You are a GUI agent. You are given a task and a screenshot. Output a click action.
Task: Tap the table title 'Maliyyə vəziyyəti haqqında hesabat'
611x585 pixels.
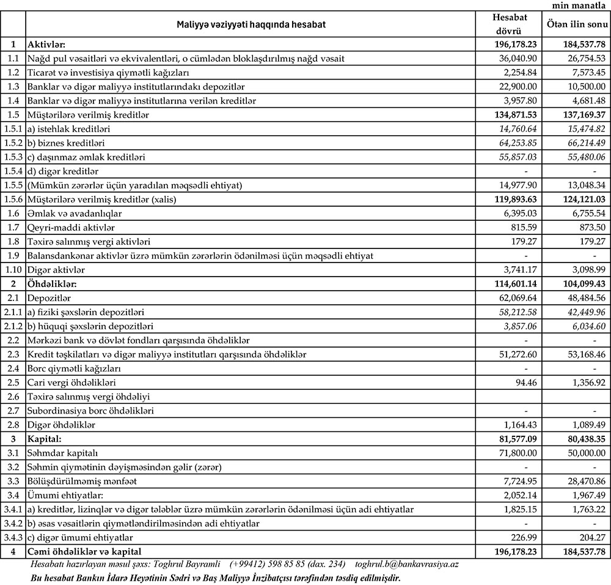tap(251, 24)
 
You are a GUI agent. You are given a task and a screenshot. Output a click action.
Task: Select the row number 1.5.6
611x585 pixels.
tap(13, 199)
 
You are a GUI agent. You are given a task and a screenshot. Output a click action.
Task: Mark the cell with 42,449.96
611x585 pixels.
tap(583, 311)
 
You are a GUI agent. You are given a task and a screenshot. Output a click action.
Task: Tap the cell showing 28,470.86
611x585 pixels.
tap(583, 480)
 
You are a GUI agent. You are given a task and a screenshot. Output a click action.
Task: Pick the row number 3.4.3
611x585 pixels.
tap(13, 537)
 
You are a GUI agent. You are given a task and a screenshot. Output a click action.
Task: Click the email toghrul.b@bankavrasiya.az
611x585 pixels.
tap(421, 564)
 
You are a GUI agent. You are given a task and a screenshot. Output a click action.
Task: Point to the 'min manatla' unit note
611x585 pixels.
tap(580, 5)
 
